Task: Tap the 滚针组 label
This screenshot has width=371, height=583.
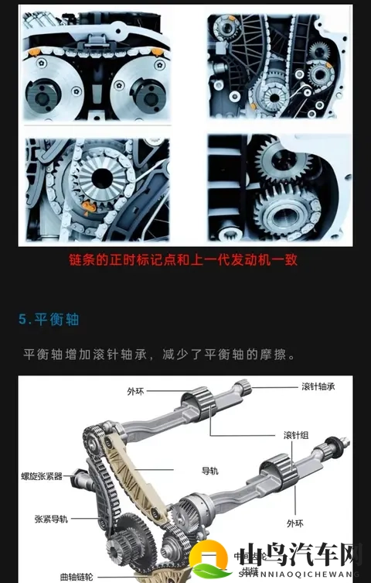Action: (297, 435)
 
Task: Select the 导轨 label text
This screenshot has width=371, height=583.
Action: (210, 470)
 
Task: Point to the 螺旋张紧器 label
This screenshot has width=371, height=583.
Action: (43, 476)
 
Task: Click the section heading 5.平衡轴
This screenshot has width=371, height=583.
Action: (49, 319)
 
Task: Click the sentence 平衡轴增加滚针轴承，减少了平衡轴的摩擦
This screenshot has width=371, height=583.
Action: (160, 354)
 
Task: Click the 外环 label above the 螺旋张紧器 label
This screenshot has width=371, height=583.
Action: (135, 392)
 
